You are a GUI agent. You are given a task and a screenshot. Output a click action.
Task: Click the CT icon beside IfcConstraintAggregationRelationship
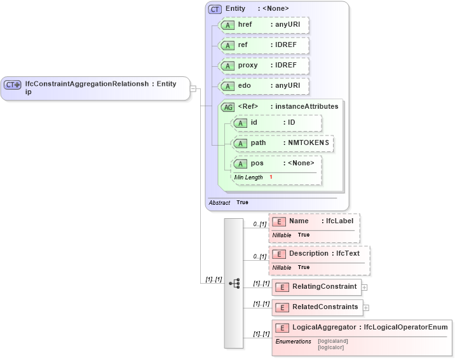coord(13,85)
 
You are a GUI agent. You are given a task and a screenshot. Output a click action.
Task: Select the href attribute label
coord(245,25)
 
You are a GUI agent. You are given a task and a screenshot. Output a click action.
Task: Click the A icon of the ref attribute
coord(227,46)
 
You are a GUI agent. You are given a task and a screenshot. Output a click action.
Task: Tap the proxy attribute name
coord(248,66)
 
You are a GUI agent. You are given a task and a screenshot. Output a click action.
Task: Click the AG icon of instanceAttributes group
coord(227,107)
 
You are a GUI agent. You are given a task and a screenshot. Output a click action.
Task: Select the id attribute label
coord(254,122)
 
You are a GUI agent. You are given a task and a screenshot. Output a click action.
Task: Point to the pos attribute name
coord(257,163)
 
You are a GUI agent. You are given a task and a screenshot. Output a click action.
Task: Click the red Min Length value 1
coord(271,177)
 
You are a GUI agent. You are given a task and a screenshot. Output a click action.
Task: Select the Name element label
coord(299,221)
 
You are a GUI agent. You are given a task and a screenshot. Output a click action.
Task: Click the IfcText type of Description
coord(348,253)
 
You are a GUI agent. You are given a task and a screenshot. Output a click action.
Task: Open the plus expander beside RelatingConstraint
coord(365,287)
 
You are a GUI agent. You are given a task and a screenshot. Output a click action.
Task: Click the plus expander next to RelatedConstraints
coord(366,308)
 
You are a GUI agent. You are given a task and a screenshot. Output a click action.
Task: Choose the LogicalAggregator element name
coord(324,327)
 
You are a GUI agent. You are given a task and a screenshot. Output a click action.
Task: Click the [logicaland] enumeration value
coord(332,341)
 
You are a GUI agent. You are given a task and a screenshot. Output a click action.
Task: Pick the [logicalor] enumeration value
coord(331,347)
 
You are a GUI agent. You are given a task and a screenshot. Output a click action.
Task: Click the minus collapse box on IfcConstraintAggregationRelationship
coord(193,89)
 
